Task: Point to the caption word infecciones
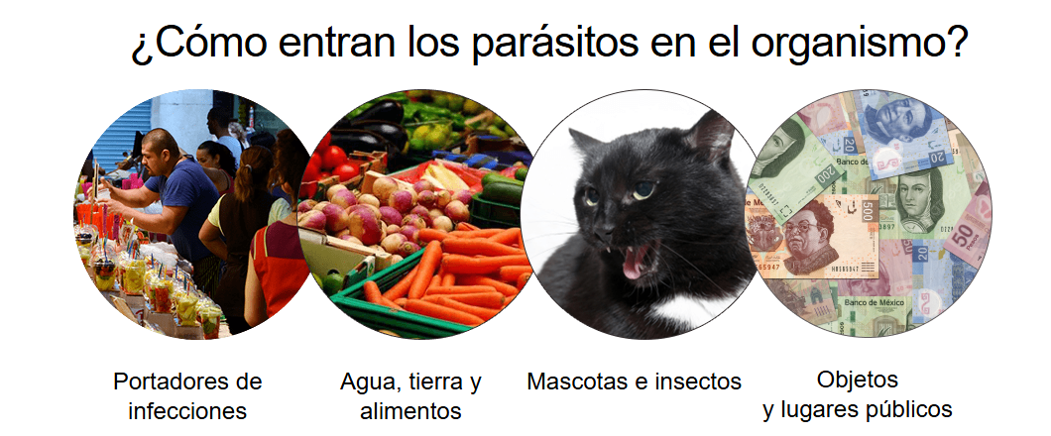[x=187, y=410]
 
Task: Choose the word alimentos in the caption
[x=410, y=410]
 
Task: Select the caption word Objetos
[x=858, y=381]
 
